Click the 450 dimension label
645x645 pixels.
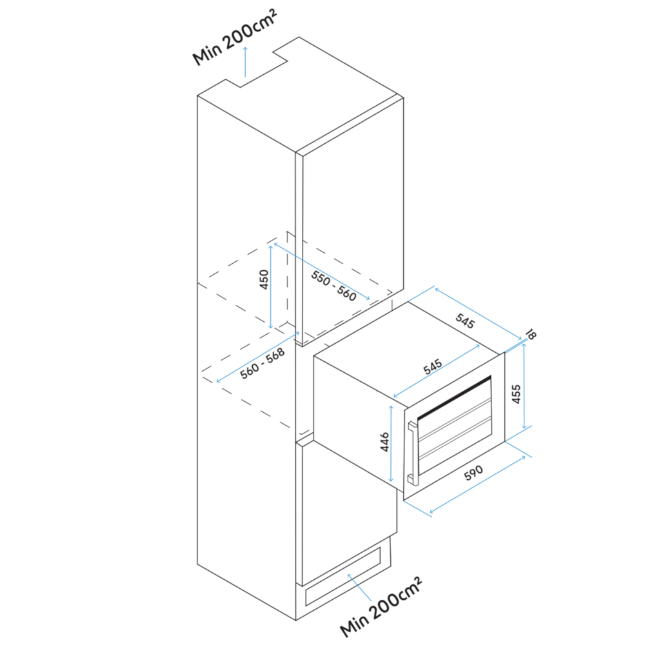click(264, 279)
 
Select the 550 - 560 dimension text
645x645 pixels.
click(333, 286)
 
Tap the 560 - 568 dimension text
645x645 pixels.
click(263, 363)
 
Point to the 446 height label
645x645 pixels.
click(385, 442)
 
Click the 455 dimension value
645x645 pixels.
click(517, 393)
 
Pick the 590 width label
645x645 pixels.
click(473, 473)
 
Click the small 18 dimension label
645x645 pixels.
click(531, 334)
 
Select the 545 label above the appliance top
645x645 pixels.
click(465, 321)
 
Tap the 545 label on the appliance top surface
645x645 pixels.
click(433, 366)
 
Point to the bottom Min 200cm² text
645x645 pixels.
click(381, 606)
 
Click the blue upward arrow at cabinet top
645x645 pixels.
click(246, 62)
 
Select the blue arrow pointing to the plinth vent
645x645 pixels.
click(359, 587)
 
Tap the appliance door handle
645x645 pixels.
click(412, 453)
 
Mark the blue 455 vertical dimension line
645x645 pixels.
click(524, 386)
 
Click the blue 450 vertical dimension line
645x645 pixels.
click(271, 287)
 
